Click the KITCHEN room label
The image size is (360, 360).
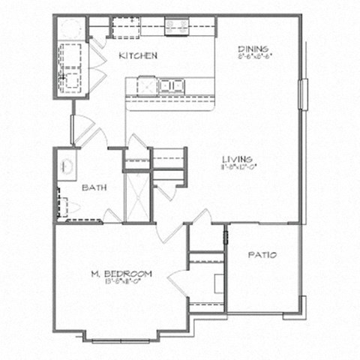138,55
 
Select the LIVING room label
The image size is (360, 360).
236,158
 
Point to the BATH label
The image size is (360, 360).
94,187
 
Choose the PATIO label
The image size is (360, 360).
262,255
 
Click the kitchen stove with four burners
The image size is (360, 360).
177,27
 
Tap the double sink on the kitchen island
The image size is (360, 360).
170,85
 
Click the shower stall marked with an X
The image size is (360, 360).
136,197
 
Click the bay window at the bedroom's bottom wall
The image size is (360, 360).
120,339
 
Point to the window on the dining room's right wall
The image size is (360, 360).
303,94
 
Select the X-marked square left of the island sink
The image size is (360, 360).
147,85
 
